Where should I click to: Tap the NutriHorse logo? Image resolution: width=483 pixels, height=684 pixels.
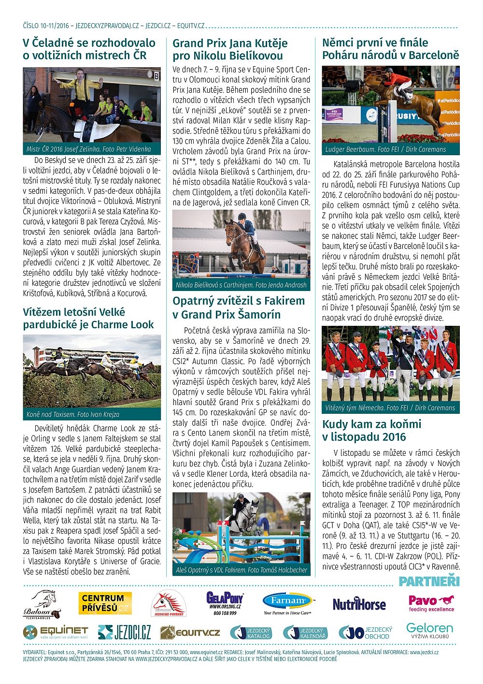point(359,604)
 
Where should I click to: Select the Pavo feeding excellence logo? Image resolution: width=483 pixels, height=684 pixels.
point(431,603)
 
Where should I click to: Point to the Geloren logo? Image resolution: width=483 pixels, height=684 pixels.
point(429,631)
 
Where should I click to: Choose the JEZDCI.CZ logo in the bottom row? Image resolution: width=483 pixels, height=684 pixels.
point(125,632)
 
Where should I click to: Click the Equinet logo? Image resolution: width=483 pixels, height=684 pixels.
point(56,632)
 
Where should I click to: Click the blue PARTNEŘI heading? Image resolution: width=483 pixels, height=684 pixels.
point(429,582)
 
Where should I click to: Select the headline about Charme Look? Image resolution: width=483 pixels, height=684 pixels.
point(88,319)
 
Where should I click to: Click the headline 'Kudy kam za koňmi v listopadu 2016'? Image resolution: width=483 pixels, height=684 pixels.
point(372,431)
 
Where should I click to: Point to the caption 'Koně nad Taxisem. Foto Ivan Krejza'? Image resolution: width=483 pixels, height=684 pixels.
point(73,414)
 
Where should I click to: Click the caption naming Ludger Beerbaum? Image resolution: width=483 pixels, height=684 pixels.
point(385,149)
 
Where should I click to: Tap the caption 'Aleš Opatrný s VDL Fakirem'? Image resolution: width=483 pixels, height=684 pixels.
point(241,570)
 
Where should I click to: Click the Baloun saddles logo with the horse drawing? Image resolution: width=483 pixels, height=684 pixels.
point(43,604)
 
